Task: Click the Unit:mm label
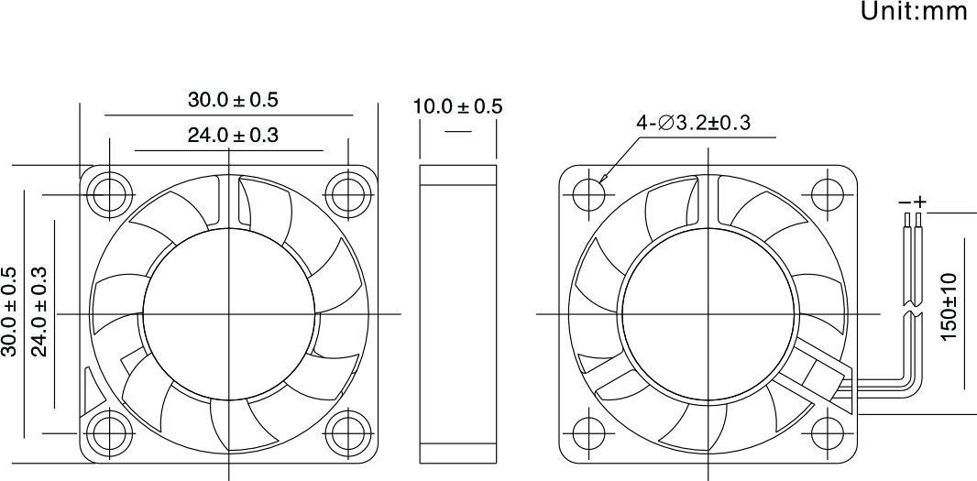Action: click(914, 11)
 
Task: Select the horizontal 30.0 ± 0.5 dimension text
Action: click(233, 100)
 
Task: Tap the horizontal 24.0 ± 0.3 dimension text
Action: click(233, 135)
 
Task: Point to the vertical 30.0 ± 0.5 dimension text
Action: click(9, 312)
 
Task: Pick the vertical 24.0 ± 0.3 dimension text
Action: click(39, 312)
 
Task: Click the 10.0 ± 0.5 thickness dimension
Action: click(457, 106)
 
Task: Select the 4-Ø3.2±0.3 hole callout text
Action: click(693, 123)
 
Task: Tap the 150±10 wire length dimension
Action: click(948, 307)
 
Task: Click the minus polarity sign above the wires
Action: click(905, 202)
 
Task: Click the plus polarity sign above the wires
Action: click(920, 202)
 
